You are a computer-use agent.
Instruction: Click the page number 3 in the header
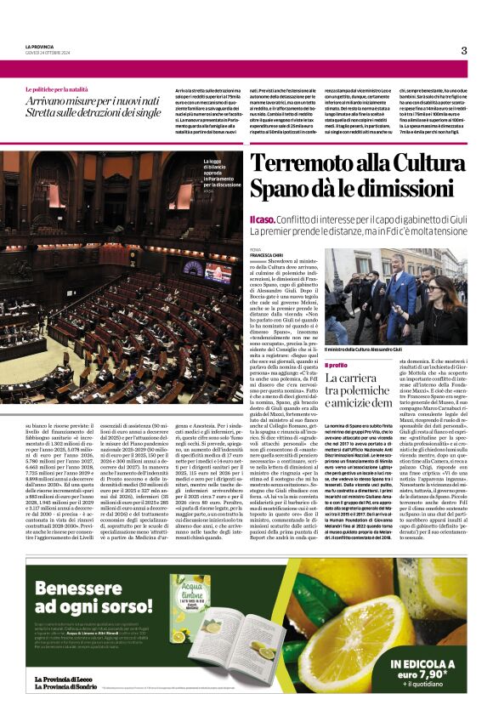pyautogui.click(x=464, y=50)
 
